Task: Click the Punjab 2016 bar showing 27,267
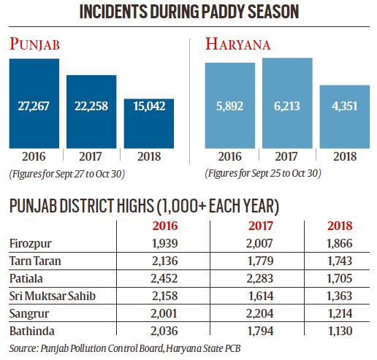pyautogui.click(x=34, y=104)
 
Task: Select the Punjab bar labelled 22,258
pyautogui.click(x=91, y=112)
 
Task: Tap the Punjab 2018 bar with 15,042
pyautogui.click(x=149, y=123)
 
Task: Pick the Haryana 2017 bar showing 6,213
pyautogui.click(x=287, y=103)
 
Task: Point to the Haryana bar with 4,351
pyautogui.click(x=345, y=117)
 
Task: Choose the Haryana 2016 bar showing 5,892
pyautogui.click(x=230, y=105)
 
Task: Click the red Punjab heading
pyautogui.click(x=34, y=44)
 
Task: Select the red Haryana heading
pyautogui.click(x=237, y=44)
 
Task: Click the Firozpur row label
pyautogui.click(x=31, y=244)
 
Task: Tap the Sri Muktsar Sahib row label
pyautogui.click(x=53, y=296)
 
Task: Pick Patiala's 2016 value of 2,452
pyautogui.click(x=164, y=278)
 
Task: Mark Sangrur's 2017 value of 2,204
pyautogui.click(x=259, y=313)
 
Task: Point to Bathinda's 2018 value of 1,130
pyautogui.click(x=340, y=331)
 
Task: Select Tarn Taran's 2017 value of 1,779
pyautogui.click(x=260, y=261)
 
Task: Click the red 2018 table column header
pyautogui.click(x=340, y=226)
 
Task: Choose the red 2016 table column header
pyautogui.click(x=165, y=226)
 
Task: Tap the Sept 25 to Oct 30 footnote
pyautogui.click(x=263, y=174)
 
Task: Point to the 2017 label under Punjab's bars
pyautogui.click(x=91, y=156)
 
